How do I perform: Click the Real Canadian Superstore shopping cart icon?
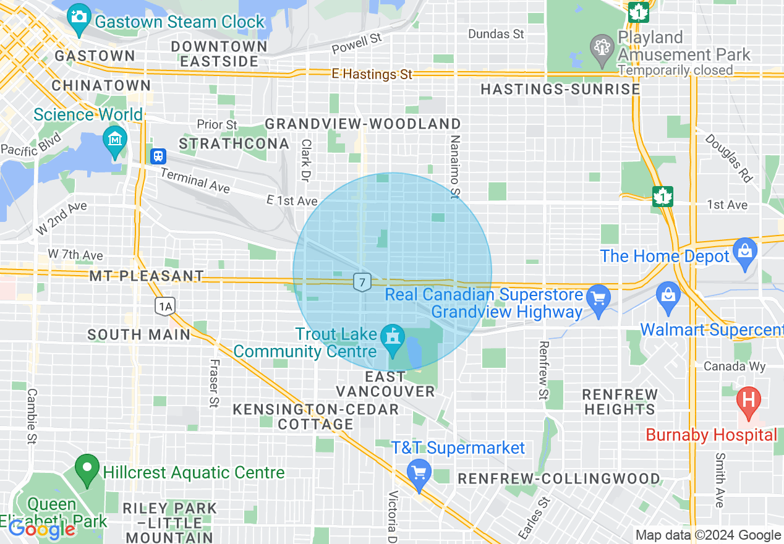click(598, 299)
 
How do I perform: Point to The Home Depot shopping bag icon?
click(744, 252)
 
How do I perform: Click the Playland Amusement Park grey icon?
click(600, 48)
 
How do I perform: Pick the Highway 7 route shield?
click(362, 283)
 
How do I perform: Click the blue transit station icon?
click(158, 156)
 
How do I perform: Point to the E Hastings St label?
click(372, 74)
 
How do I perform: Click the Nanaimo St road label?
click(455, 167)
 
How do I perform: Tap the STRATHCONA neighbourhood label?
click(234, 143)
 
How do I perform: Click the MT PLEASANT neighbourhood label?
click(146, 276)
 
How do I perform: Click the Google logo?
click(41, 529)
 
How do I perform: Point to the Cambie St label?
click(32, 416)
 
